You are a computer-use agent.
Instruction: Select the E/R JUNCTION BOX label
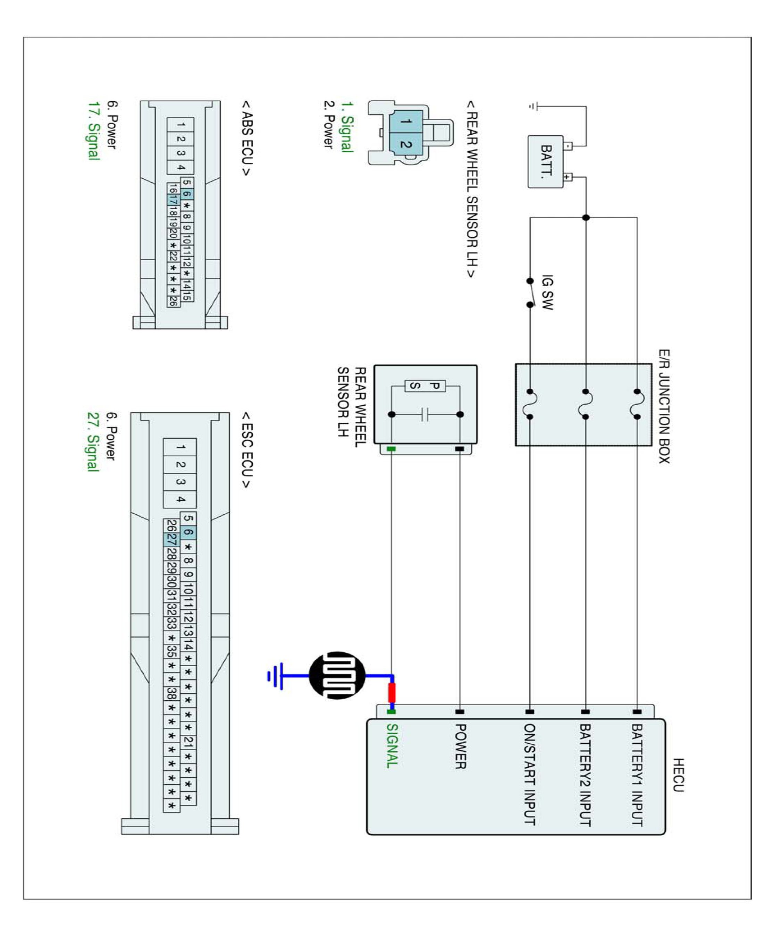pyautogui.click(x=664, y=406)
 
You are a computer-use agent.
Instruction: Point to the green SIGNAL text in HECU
pyautogui.click(x=392, y=745)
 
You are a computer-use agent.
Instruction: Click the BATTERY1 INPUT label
pyautogui.click(x=637, y=774)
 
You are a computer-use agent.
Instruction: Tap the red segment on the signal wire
pyautogui.click(x=392, y=692)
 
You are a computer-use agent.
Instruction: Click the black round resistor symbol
pyautogui.click(x=337, y=675)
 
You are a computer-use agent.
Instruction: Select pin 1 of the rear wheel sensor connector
pyautogui.click(x=406, y=121)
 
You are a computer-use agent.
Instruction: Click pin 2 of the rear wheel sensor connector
pyautogui.click(x=406, y=144)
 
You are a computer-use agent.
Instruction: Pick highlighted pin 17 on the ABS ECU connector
pyautogui.click(x=173, y=201)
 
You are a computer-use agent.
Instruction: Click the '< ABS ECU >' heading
pyautogui.click(x=246, y=138)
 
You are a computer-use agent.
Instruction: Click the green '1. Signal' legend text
pyautogui.click(x=347, y=127)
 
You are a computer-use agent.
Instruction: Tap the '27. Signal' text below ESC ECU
pyautogui.click(x=92, y=441)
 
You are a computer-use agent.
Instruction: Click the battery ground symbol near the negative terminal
pyautogui.click(x=532, y=106)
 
